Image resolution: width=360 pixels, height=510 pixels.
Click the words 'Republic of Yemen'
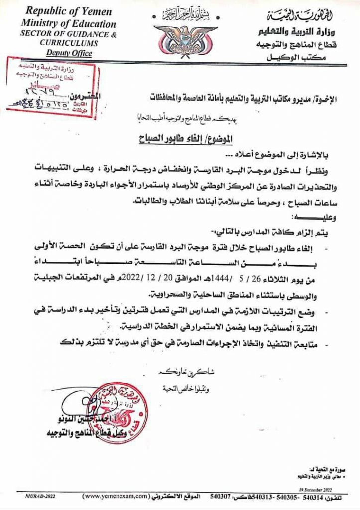(x=69, y=11)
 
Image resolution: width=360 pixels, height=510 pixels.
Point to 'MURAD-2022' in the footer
(x=39, y=497)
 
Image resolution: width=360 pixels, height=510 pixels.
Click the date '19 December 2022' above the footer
(x=325, y=489)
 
